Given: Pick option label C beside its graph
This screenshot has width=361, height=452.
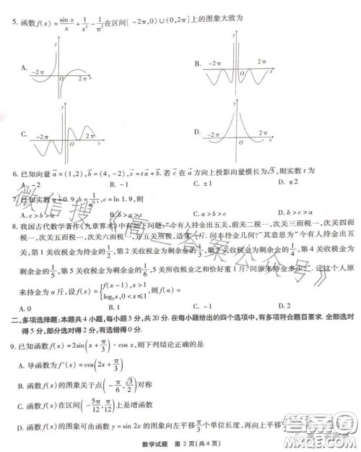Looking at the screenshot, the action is (x=24, y=134).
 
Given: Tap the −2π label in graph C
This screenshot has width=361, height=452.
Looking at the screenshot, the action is (x=43, y=136).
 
